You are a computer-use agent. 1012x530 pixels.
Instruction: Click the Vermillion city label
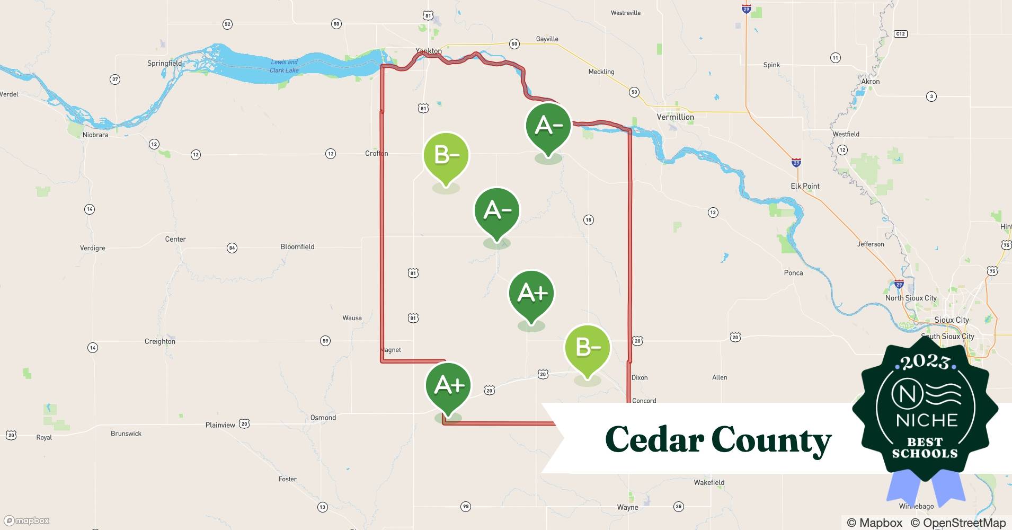[675, 117]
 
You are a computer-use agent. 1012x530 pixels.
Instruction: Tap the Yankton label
[428, 51]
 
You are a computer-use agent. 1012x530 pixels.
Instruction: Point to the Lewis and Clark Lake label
[285, 66]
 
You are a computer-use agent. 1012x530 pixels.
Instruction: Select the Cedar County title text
[718, 439]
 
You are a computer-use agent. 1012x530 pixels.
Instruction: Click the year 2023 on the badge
[925, 363]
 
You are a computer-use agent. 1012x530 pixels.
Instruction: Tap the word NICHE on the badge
[927, 420]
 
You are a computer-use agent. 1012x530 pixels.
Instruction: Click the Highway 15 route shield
[588, 220]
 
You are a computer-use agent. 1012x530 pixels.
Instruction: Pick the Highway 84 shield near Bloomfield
[232, 248]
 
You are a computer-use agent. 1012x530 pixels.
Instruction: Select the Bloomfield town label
[297, 246]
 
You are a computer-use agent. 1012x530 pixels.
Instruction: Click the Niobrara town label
[95, 135]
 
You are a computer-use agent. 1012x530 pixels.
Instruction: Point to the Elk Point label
[805, 186]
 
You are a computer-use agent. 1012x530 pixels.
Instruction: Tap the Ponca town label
[793, 273]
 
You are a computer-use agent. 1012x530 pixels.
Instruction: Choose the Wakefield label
[709, 482]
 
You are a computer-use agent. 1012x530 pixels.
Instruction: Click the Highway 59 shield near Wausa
[325, 341]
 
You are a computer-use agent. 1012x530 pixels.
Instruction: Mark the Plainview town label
[220, 425]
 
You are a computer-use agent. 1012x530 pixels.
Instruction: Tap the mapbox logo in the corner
[26, 520]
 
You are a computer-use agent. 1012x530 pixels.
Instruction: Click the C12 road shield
[900, 34]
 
